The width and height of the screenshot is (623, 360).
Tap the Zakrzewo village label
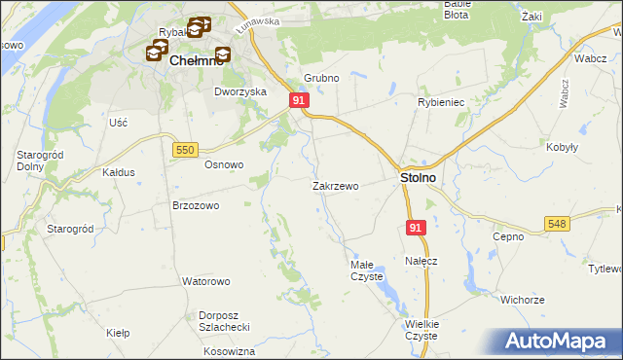(336, 185)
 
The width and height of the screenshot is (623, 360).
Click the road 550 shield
(187, 149)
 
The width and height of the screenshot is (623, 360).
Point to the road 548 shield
(557, 224)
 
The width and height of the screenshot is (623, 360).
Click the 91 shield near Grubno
(300, 100)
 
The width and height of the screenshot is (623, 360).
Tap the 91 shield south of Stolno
(416, 227)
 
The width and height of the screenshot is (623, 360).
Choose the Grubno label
(320, 78)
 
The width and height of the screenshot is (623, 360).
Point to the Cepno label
(508, 236)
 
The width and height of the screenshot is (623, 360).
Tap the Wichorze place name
(522, 300)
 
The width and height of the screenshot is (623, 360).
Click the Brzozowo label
(196, 206)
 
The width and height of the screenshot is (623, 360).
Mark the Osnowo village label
(223, 164)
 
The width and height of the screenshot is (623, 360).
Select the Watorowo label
(205, 281)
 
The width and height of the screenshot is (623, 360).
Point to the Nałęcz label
(421, 262)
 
